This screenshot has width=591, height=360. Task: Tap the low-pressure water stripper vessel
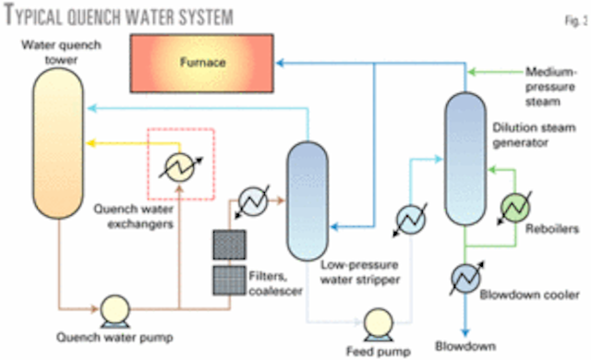tap(309, 200)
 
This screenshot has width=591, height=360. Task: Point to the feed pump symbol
tap(378, 322)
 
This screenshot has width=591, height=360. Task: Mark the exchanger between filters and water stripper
tap(252, 199)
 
